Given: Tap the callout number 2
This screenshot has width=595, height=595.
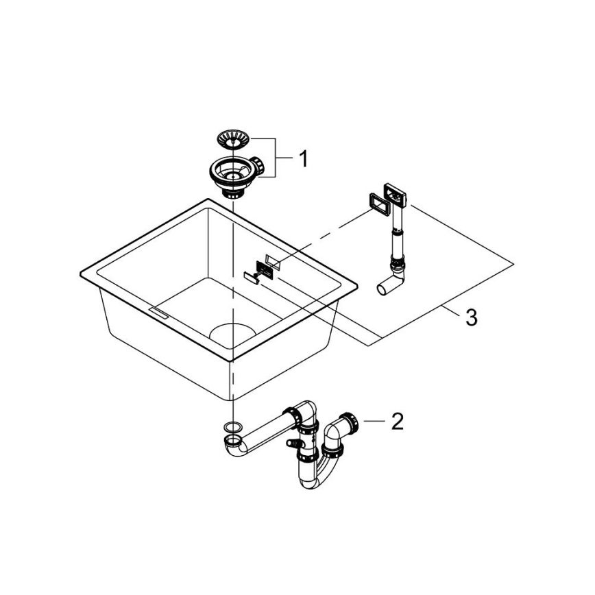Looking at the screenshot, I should click(x=396, y=421).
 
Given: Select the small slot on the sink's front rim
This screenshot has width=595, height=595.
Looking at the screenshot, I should click(x=158, y=313).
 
